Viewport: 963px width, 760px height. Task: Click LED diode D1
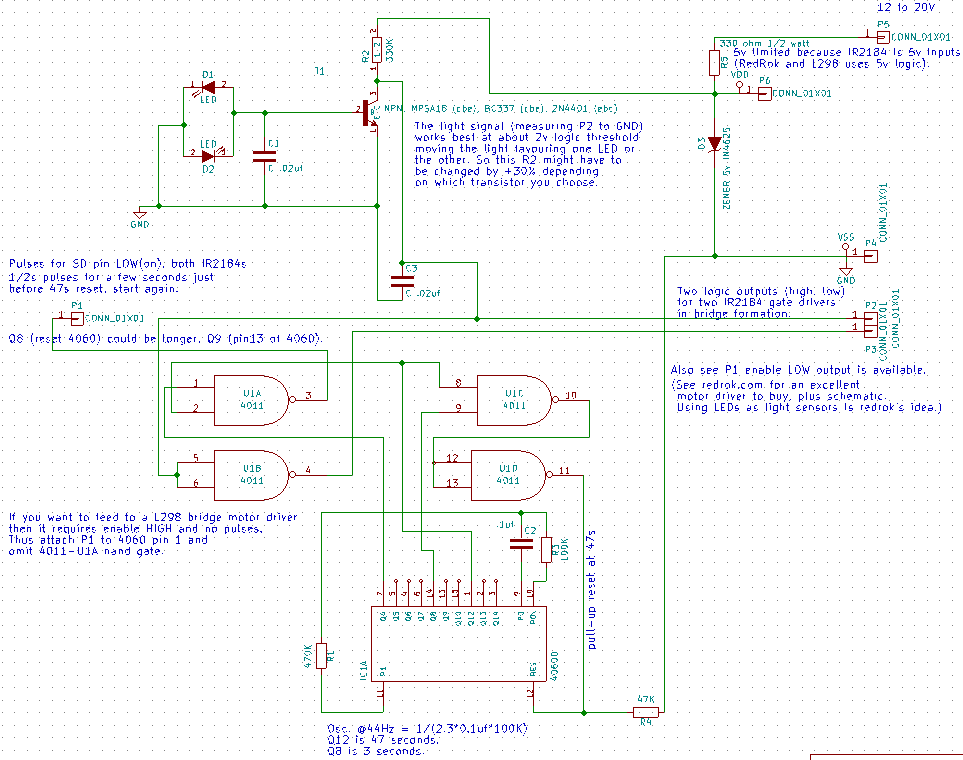click(x=208, y=89)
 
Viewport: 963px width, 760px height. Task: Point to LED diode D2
click(x=208, y=155)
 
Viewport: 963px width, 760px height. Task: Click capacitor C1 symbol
click(x=264, y=156)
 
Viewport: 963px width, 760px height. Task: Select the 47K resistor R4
click(x=646, y=712)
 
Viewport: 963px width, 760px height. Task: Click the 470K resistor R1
click(x=321, y=655)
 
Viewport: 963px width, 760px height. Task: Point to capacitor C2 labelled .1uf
click(x=520, y=544)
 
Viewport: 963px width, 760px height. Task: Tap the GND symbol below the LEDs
click(x=140, y=211)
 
